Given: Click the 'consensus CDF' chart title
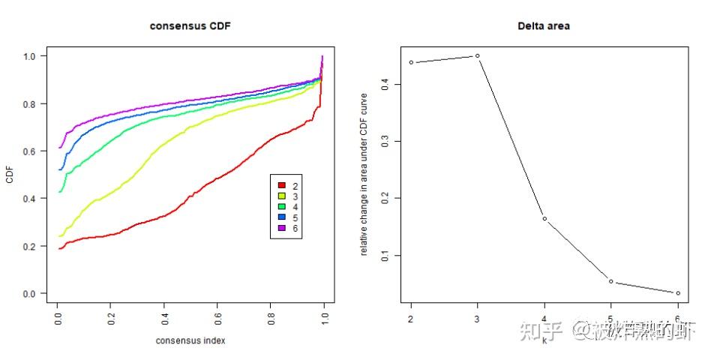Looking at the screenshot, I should tap(190, 26).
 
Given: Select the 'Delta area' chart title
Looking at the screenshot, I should tap(543, 26).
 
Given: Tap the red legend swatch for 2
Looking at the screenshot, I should tap(281, 185).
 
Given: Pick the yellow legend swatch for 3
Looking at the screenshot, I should tap(281, 196).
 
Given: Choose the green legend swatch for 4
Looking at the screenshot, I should tap(281, 206).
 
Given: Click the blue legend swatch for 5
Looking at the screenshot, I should tap(281, 217).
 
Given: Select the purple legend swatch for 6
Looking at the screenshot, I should tap(281, 227).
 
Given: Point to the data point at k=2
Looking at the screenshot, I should tap(411, 62).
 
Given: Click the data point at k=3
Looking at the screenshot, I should tap(477, 55).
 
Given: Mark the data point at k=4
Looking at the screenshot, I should tap(544, 218).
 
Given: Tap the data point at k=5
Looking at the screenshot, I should tap(611, 281).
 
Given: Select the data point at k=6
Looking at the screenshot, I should tap(678, 292).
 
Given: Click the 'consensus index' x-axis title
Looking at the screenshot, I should tap(190, 340).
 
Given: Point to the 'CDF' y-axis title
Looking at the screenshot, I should tap(9, 175).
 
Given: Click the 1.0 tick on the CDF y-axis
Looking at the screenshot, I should tap(29, 56).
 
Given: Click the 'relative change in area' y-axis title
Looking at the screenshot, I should tap(364, 175).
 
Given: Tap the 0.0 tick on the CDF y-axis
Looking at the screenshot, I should tap(29, 294).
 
